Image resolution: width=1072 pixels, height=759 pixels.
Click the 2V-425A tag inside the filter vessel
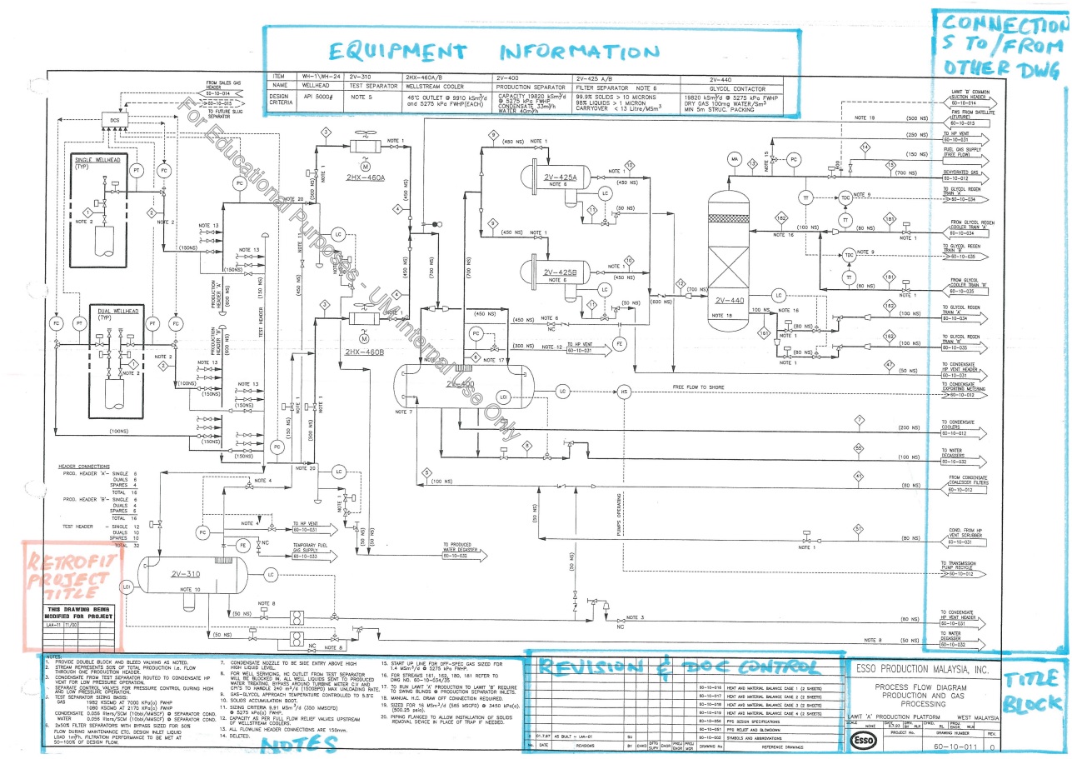[x=561, y=177]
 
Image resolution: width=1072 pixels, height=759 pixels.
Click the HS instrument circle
[x=624, y=392]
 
